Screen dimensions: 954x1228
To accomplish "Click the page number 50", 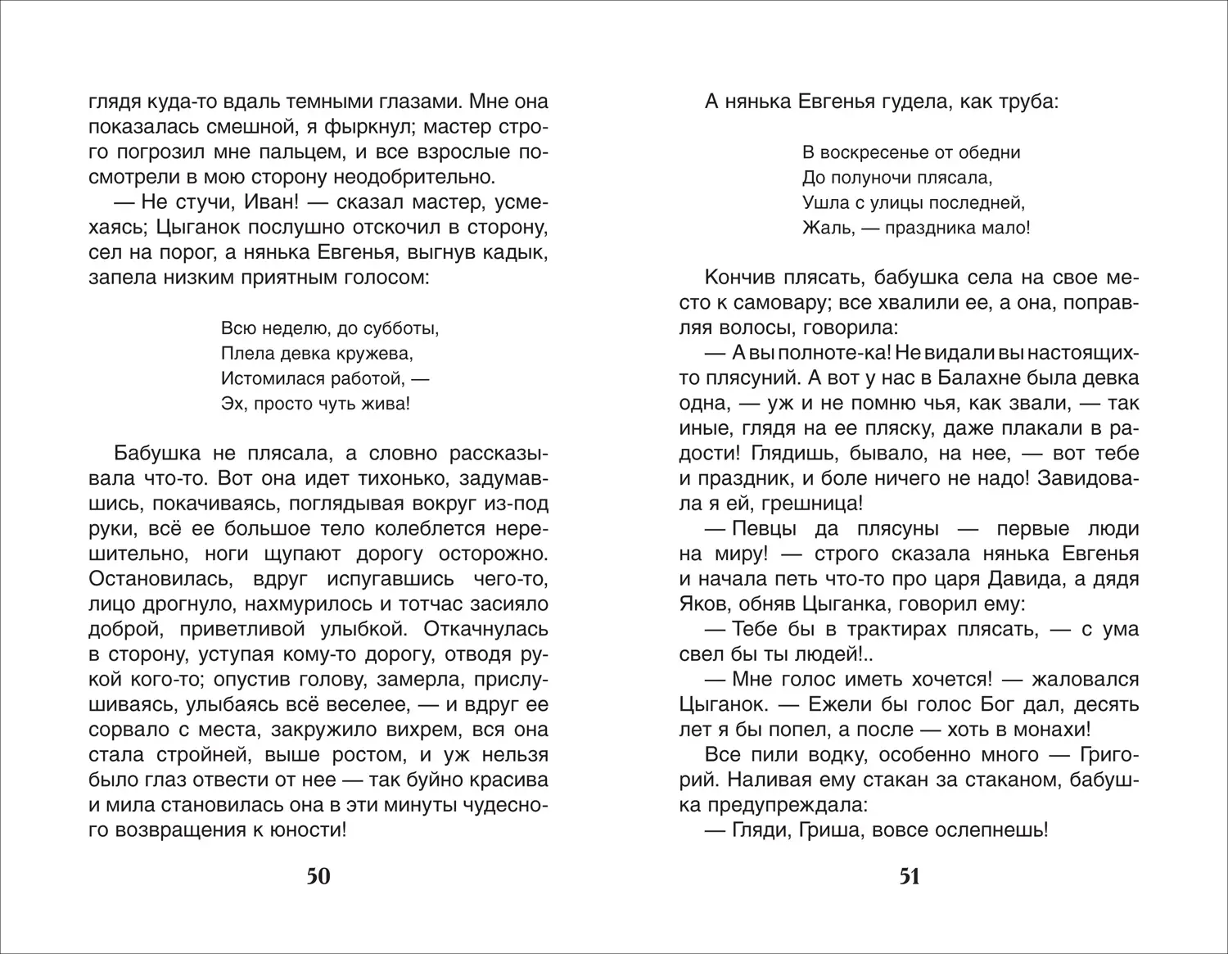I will (318, 877).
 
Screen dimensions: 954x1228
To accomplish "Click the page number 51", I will (910, 877).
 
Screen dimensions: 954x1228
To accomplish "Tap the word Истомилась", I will (269, 379).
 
